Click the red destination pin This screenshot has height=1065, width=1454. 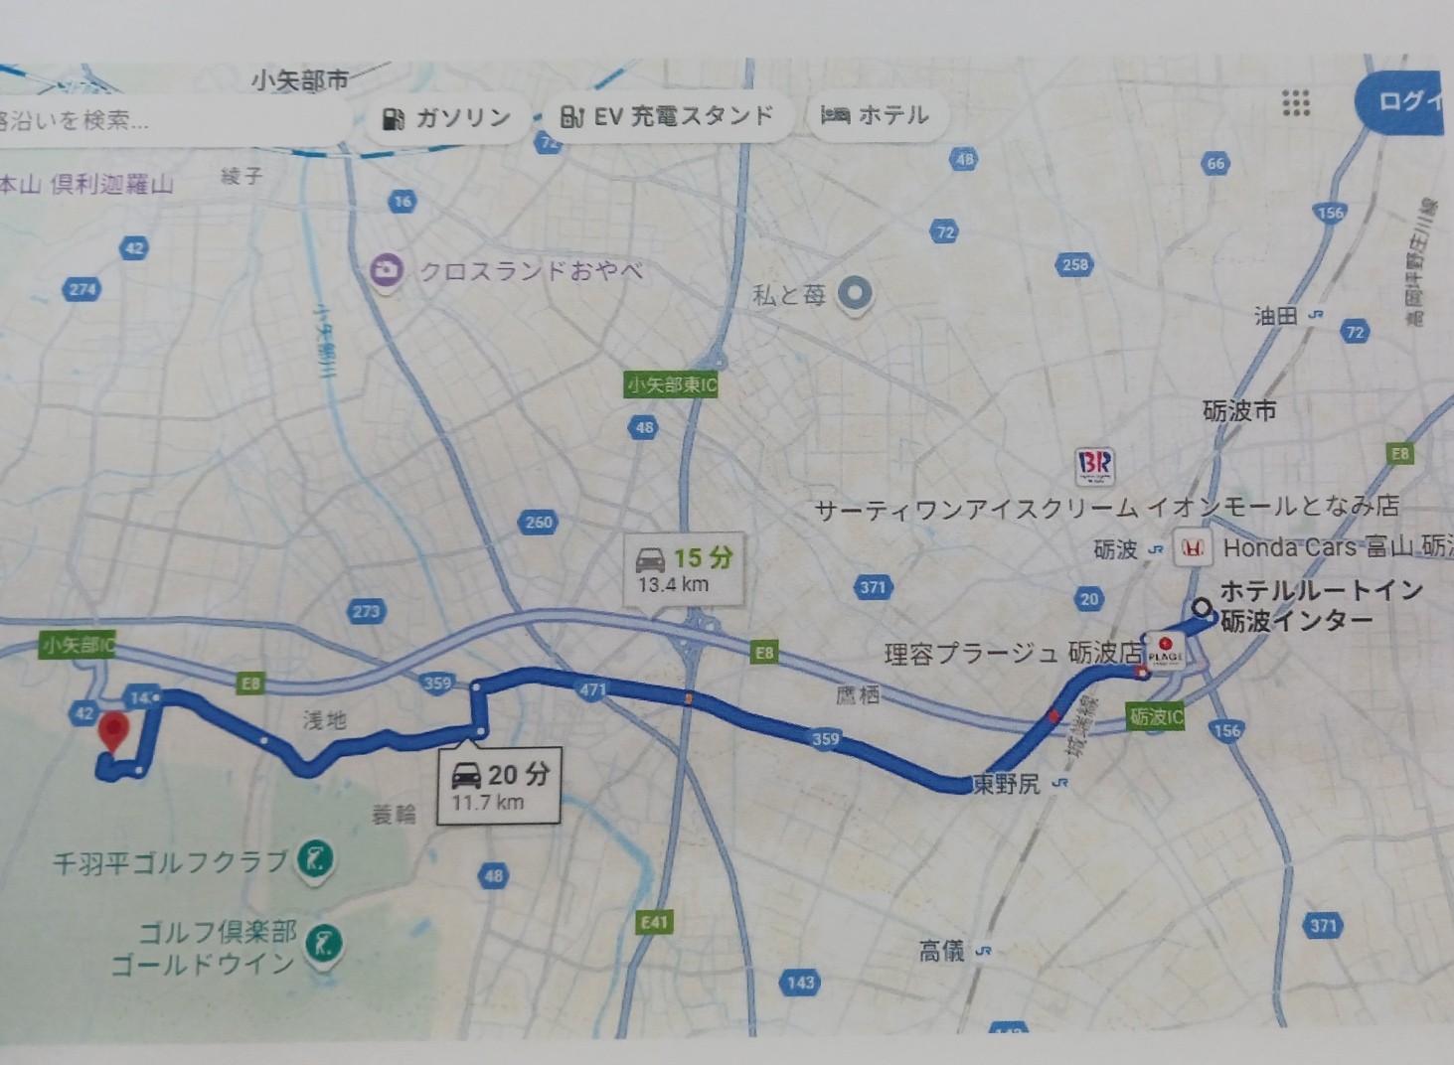click(x=114, y=732)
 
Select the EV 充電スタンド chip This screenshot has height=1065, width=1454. click(x=667, y=117)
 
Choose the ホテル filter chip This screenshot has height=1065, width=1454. click(x=875, y=116)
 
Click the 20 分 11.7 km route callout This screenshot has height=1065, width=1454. click(x=501, y=784)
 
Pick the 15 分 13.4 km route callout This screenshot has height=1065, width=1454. click(x=684, y=569)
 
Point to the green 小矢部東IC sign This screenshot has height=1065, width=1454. click(x=671, y=384)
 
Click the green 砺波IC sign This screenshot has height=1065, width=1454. click(x=1156, y=716)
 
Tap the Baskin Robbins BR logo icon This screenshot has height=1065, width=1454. click(x=1094, y=464)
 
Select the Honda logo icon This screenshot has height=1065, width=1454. click(x=1192, y=547)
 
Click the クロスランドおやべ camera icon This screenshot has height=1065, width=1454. click(x=386, y=270)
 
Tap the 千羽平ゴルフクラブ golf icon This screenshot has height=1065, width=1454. click(x=315, y=858)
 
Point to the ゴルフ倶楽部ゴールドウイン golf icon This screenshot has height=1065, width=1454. click(x=322, y=941)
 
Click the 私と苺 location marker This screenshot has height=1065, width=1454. click(x=855, y=293)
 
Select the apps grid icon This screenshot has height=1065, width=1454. click(x=1295, y=102)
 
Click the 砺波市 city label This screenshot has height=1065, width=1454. click(x=1239, y=410)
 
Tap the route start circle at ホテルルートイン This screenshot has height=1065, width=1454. click(x=1202, y=607)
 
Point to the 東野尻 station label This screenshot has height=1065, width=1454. click(x=1007, y=785)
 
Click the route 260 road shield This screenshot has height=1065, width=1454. click(x=538, y=522)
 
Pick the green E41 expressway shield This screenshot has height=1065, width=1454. click(x=654, y=922)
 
